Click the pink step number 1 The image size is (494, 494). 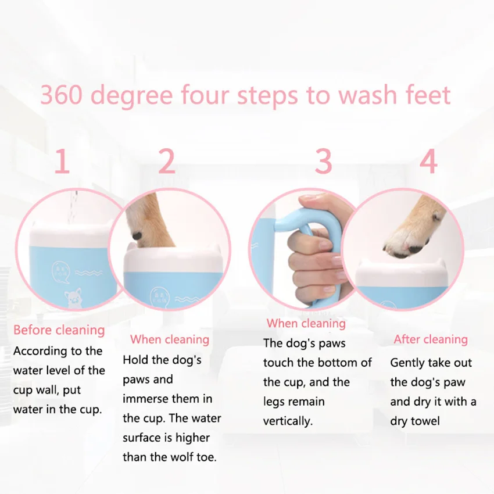point(62,162)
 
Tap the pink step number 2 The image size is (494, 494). point(167,162)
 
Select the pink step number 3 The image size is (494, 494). point(323,162)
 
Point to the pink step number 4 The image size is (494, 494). point(428,162)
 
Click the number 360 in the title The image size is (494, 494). point(62,95)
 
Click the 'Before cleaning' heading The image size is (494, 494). point(59,330)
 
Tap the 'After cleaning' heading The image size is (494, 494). point(431,339)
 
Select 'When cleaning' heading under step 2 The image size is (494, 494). point(169,339)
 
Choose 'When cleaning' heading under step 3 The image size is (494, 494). point(306,323)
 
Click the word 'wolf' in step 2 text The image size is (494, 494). point(173,457)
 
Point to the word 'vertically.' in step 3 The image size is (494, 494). point(288,421)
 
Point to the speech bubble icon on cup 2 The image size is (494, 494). point(159,294)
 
